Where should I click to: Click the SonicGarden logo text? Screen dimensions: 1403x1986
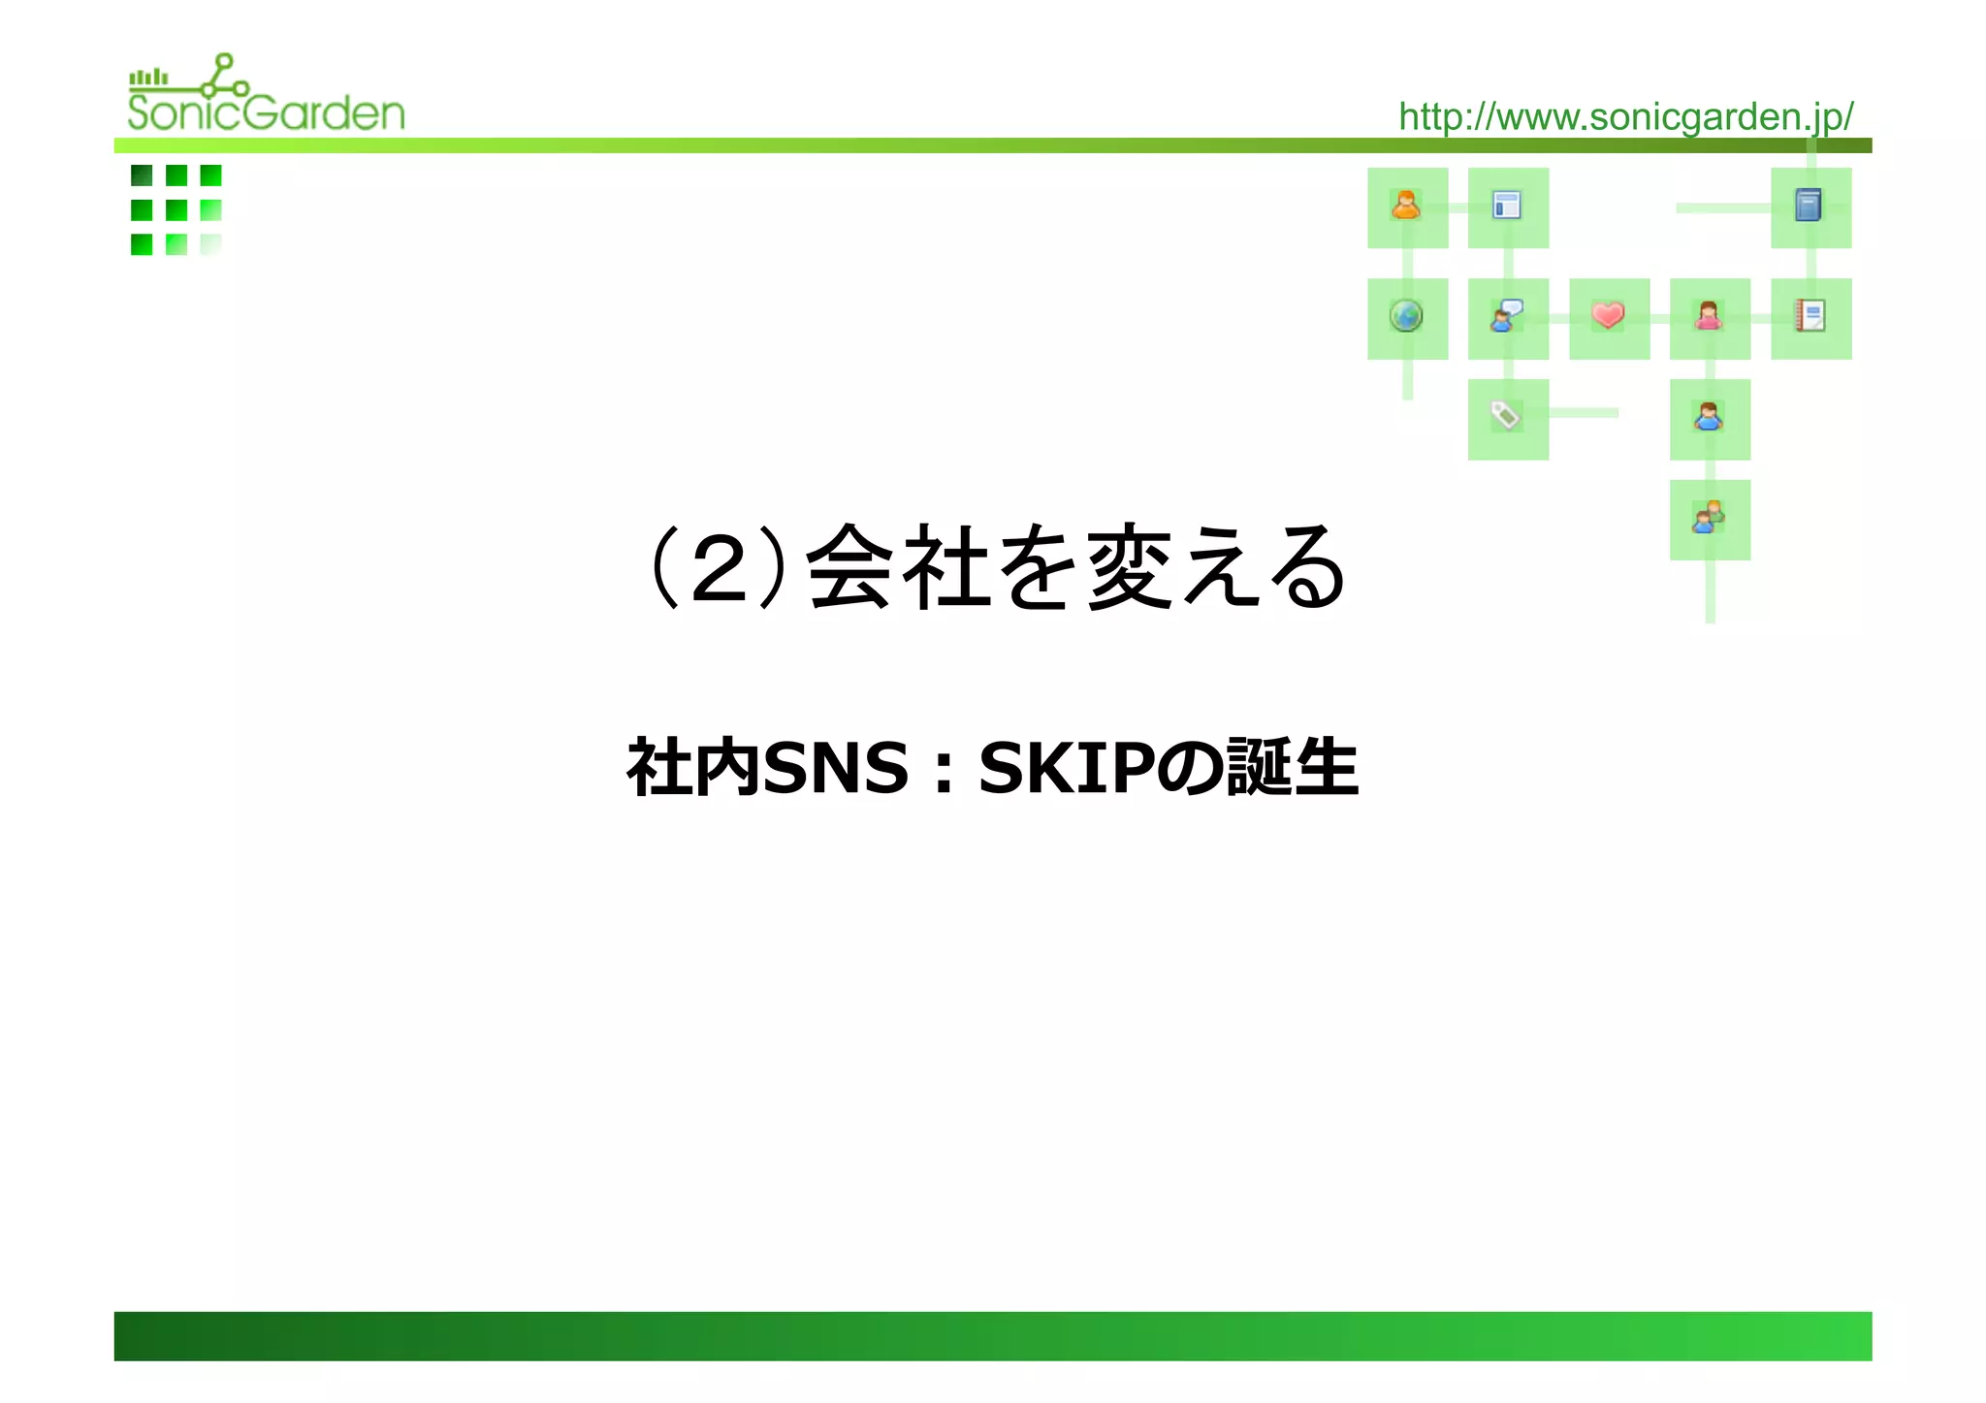click(x=266, y=112)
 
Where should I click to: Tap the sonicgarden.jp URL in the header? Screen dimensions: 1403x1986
click(x=1625, y=116)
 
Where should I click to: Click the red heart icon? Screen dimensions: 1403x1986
click(x=1608, y=315)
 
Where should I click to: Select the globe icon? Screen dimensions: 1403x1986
click(x=1406, y=316)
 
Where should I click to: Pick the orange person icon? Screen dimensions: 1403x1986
click(x=1406, y=206)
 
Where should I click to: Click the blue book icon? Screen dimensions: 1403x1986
click(x=1809, y=206)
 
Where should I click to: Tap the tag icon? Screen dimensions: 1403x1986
click(x=1505, y=416)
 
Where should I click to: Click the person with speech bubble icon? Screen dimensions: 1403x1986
click(x=1506, y=316)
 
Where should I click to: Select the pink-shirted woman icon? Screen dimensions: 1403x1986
click(x=1709, y=316)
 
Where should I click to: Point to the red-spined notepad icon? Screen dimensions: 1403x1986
click(x=1810, y=316)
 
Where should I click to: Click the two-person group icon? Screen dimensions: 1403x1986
click(x=1709, y=517)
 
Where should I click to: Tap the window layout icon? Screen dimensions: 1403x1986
click(x=1506, y=206)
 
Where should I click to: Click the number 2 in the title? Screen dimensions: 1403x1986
click(x=719, y=570)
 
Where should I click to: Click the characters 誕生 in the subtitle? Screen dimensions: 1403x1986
click(x=1292, y=768)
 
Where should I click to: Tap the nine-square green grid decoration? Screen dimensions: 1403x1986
click(x=176, y=209)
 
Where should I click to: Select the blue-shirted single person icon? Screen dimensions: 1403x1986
click(x=1709, y=417)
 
